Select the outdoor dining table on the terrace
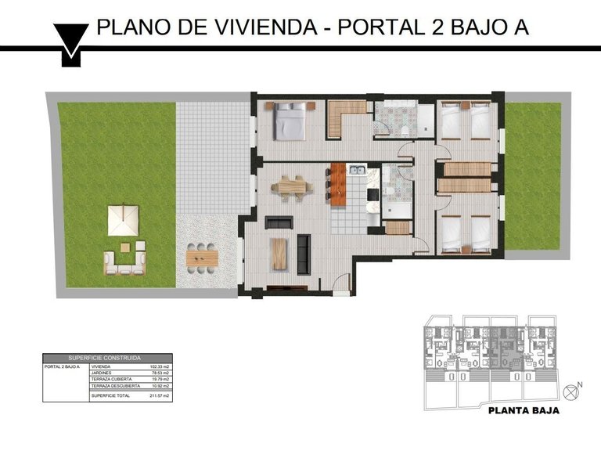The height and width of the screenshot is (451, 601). click(x=202, y=257)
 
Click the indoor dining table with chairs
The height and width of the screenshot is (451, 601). click(x=291, y=187)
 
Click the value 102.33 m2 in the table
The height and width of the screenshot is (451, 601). click(x=160, y=366)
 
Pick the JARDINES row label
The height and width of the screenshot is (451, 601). click(x=102, y=373)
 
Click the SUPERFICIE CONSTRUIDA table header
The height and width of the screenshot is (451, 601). click(x=106, y=357)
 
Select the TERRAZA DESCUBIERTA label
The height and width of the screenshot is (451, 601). click(x=115, y=386)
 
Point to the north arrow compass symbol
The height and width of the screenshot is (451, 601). click(x=576, y=387)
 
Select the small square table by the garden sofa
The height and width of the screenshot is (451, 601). click(x=141, y=246)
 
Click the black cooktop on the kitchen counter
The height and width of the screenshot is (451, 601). click(x=373, y=193)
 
